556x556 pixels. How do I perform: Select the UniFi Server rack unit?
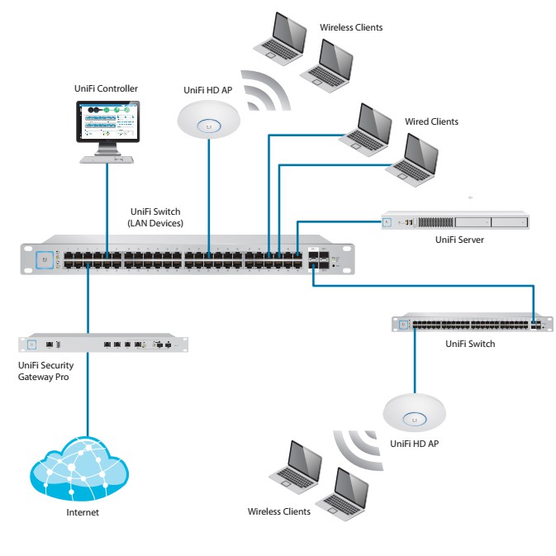tap(454, 221)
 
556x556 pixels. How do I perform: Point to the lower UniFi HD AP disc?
tap(415, 411)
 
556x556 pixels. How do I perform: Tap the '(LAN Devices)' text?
tap(155, 224)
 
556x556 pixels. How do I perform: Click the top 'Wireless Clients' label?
tap(351, 28)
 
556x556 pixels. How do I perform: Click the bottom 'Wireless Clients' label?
tap(279, 511)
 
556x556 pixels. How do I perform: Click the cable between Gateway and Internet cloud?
tap(87, 397)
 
